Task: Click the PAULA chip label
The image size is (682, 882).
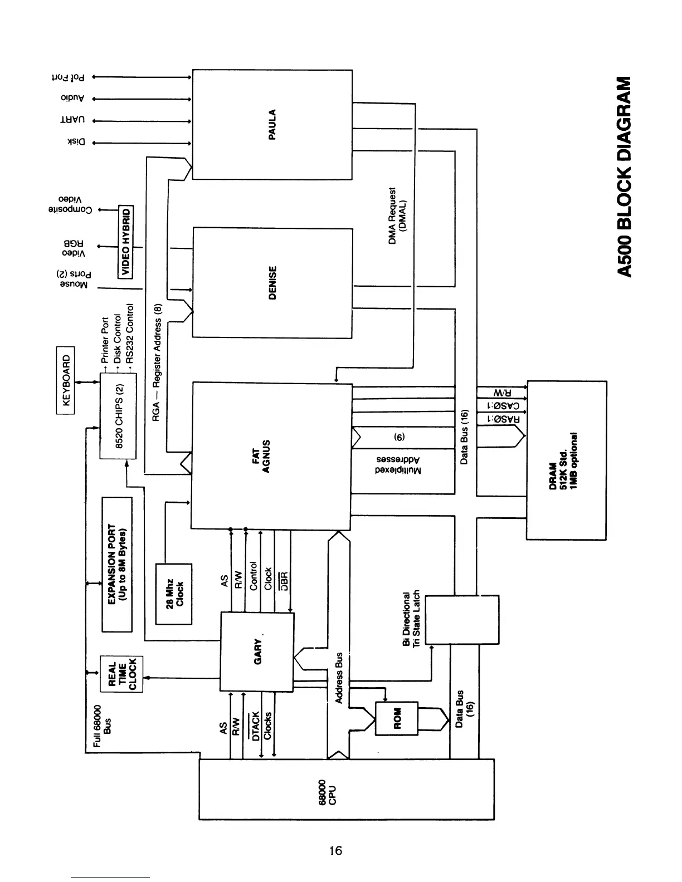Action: pos(272,125)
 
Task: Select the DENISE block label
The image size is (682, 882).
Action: pos(272,282)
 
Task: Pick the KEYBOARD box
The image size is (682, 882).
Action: pos(66,381)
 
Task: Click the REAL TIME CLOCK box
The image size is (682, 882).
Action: pos(121,675)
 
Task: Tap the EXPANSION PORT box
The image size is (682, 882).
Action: pos(116,564)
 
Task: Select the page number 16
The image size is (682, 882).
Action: pos(335,850)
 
